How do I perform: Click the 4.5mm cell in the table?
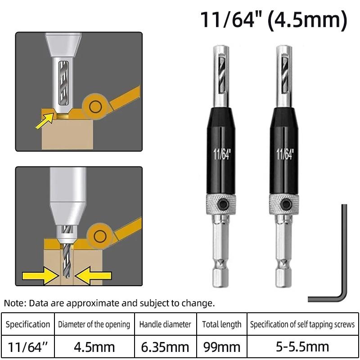click(x=94, y=347)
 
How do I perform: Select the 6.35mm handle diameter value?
click(x=165, y=347)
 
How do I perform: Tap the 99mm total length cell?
click(x=221, y=347)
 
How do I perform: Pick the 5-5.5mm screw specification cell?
click(x=302, y=347)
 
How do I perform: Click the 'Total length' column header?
click(x=221, y=324)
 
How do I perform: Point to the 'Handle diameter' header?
click(x=165, y=324)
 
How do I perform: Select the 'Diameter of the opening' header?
click(x=94, y=324)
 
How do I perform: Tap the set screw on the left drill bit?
click(x=222, y=203)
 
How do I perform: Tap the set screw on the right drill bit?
click(x=285, y=203)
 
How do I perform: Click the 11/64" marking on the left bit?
click(x=221, y=153)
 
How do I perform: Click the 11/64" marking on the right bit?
click(x=285, y=153)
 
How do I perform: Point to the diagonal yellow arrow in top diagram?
click(x=45, y=120)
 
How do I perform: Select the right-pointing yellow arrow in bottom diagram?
click(x=40, y=275)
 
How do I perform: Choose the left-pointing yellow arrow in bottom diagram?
click(x=93, y=275)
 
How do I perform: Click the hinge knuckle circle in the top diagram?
click(x=95, y=107)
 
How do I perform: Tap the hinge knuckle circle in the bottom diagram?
click(x=100, y=236)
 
